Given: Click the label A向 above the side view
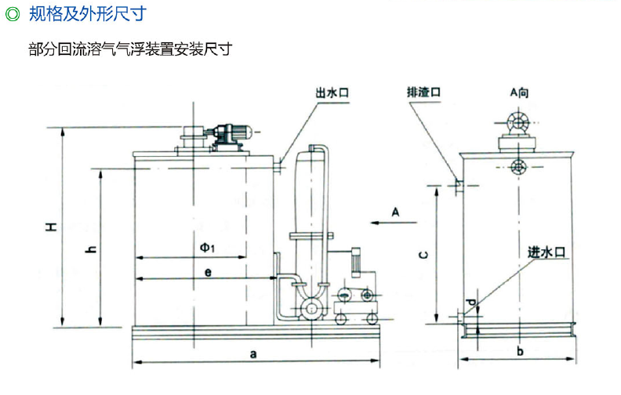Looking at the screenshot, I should [x=519, y=92].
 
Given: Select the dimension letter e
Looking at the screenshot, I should [x=207, y=272].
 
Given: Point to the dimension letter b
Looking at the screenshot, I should [x=519, y=352].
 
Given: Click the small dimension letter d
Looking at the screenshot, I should [x=470, y=302].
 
